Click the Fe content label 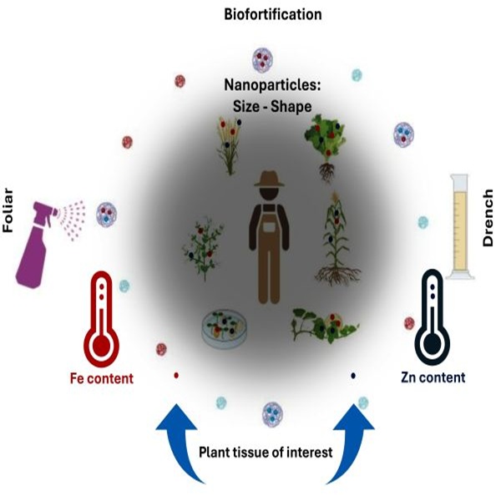(101, 378)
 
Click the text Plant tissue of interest (264, 453)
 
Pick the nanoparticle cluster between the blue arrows (271, 412)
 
